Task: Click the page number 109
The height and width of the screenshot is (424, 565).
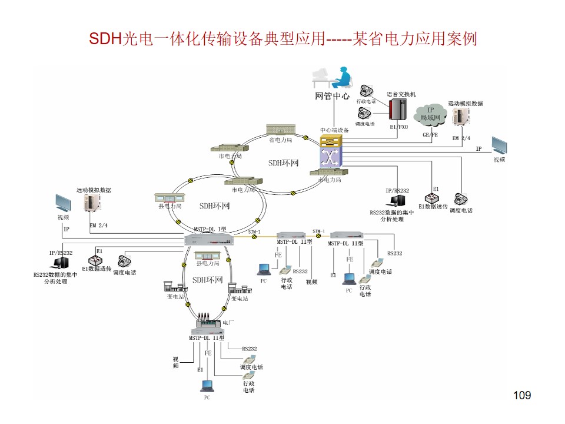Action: pyautogui.click(x=522, y=395)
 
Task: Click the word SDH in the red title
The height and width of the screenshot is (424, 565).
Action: pyautogui.click(x=104, y=39)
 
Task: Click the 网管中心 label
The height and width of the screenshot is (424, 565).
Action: pyautogui.click(x=332, y=96)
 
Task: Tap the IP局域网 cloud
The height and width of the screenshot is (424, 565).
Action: pyautogui.click(x=430, y=114)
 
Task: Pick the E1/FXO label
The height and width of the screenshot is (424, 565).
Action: pyautogui.click(x=398, y=127)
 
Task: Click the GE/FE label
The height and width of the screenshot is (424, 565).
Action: pyautogui.click(x=430, y=135)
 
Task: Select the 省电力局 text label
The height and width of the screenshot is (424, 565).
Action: pyautogui.click(x=281, y=140)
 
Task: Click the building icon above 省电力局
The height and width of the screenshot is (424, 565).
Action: pyautogui.click(x=281, y=130)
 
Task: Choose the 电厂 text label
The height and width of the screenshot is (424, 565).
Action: pyautogui.click(x=228, y=323)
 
